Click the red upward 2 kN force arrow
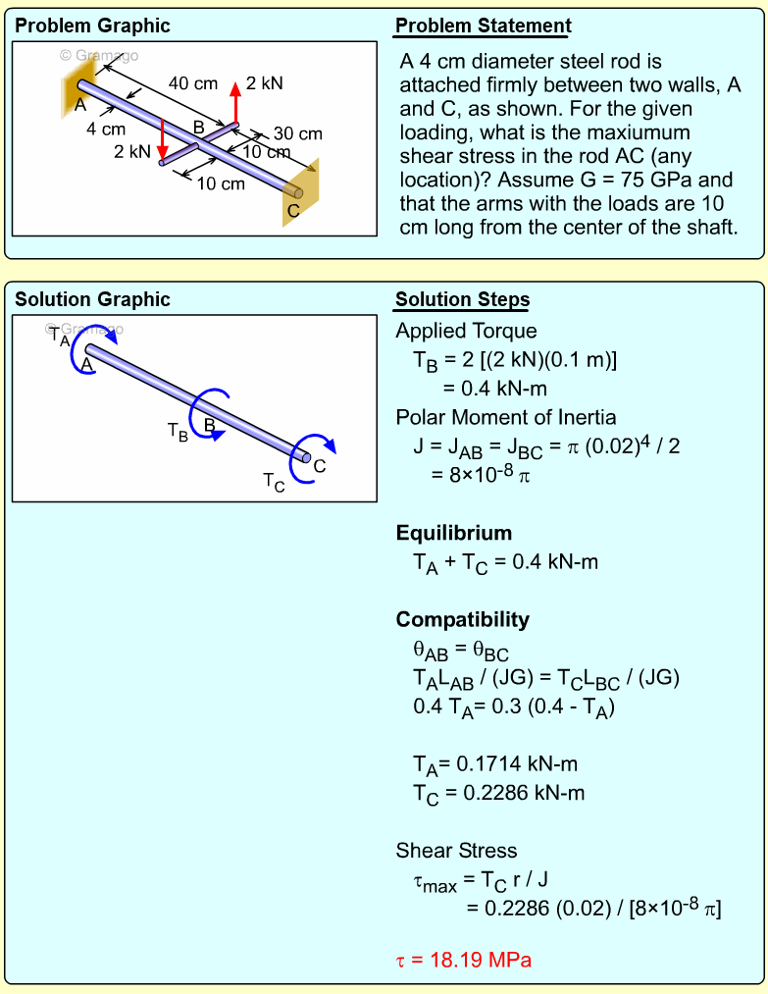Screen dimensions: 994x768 coord(235,103)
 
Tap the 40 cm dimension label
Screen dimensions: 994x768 coord(193,84)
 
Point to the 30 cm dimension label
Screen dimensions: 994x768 coord(297,133)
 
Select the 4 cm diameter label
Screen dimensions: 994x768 coord(106,129)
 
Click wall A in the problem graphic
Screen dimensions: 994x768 coord(82,82)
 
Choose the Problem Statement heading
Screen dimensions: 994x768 coord(483,26)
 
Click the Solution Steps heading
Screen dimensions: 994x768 coord(462,300)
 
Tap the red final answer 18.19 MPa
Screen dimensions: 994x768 coord(463,960)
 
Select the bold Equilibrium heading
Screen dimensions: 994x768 coord(453,533)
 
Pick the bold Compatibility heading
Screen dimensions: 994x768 coord(462,619)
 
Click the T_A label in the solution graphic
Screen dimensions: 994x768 coord(60,340)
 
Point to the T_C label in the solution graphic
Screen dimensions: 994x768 coord(274,481)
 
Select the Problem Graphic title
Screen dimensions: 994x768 coord(92,26)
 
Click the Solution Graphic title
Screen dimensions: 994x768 coord(92,300)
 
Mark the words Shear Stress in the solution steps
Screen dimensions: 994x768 coord(456,850)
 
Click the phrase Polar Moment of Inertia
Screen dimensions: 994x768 coord(506,417)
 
